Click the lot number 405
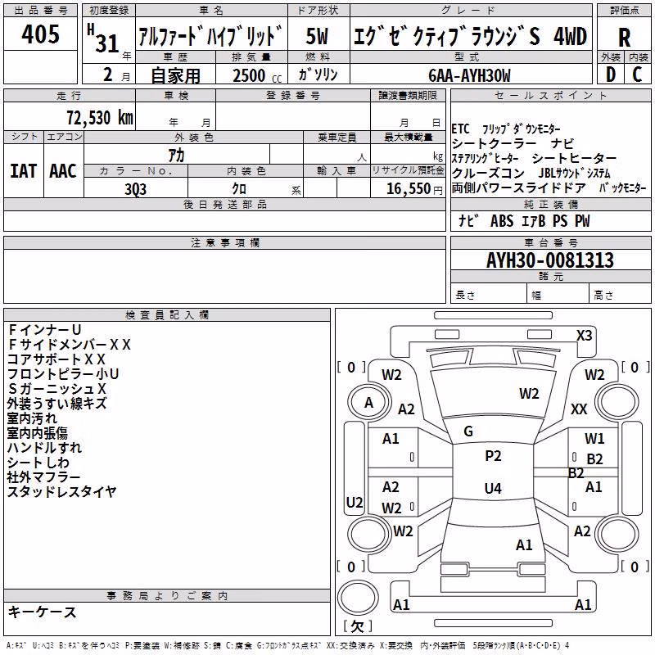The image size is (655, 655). (40, 34)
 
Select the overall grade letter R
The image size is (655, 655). (624, 38)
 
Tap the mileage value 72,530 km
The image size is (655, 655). (100, 118)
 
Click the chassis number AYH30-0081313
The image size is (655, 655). (550, 260)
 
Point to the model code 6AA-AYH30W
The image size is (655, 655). (469, 75)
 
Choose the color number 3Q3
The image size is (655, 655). (135, 189)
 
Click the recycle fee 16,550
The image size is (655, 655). (409, 189)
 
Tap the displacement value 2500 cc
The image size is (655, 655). (257, 75)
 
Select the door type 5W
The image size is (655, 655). (317, 36)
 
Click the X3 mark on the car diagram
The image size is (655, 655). (584, 336)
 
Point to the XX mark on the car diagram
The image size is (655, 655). (579, 409)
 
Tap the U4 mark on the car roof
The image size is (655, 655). (493, 488)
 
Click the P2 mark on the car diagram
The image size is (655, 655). (493, 456)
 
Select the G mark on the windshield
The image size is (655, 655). (468, 431)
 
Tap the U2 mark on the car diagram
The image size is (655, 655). (355, 502)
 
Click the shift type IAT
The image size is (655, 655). (23, 171)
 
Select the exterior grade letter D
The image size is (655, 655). (611, 75)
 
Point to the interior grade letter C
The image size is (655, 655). (637, 75)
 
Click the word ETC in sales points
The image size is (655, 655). (460, 129)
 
